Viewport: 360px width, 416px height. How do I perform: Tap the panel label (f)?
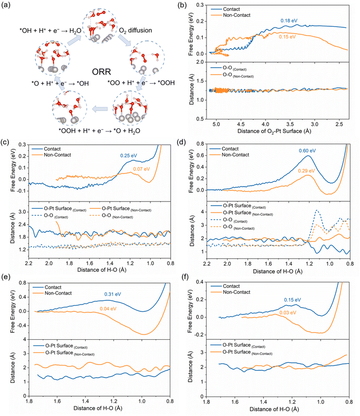point(192,277)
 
